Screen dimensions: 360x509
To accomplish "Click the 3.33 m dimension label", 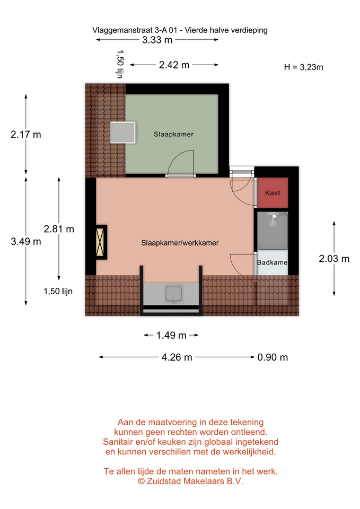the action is click(157, 40).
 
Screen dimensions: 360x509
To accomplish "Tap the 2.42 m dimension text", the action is click(174, 65).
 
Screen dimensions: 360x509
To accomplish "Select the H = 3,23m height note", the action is click(303, 67).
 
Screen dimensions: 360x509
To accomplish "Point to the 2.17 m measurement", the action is click(26, 134).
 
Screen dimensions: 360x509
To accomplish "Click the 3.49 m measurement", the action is click(26, 242).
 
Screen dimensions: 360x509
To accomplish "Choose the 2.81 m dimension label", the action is click(59, 229).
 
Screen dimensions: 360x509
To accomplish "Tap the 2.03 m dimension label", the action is click(334, 259).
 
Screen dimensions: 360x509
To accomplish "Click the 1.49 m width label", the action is click(171, 335).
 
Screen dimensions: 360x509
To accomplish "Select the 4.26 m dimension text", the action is click(177, 357).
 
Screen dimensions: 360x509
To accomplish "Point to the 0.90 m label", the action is click(273, 357).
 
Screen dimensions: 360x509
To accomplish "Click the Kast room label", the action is click(273, 193).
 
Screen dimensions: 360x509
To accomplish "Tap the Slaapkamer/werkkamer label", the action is click(180, 243).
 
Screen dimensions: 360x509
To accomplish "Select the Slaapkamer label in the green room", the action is click(174, 134).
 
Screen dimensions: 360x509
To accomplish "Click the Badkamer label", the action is click(273, 262).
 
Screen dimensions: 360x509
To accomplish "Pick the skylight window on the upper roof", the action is click(122, 133).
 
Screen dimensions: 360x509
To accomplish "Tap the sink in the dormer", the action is click(174, 294).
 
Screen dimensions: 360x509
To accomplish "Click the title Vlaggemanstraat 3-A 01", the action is click(135, 30).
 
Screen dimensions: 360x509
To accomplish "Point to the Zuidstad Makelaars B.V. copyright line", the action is click(190, 481).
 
